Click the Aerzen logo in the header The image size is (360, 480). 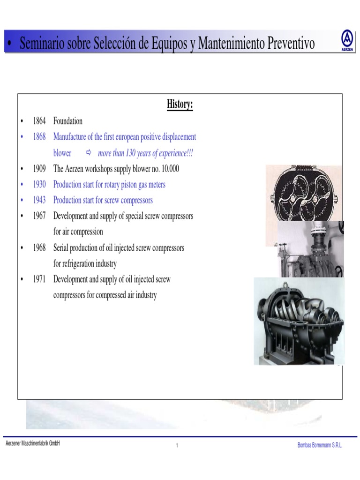(347, 40)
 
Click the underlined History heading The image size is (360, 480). (180, 105)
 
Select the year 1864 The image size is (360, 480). (39, 121)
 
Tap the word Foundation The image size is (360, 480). (67, 121)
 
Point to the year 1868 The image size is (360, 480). (39, 136)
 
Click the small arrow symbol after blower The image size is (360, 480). (89, 152)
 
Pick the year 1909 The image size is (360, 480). (39, 168)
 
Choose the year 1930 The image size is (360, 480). (39, 184)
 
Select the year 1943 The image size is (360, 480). (39, 200)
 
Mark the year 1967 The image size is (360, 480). (39, 216)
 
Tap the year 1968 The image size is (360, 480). (39, 247)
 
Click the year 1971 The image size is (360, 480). (39, 279)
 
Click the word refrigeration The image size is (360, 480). (78, 263)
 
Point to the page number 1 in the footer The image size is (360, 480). (177, 445)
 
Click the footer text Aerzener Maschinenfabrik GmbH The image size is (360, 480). (33, 443)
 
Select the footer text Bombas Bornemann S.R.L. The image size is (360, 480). (320, 445)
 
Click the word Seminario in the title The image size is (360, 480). (42, 43)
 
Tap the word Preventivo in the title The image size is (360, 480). (291, 43)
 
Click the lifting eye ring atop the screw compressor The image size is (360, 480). (285, 285)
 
